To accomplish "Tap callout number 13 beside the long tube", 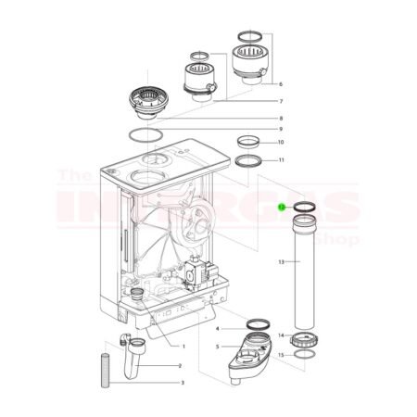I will pyautogui.click(x=282, y=263).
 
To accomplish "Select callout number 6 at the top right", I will pyautogui.click(x=280, y=83).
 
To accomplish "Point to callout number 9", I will pyautogui.click(x=280, y=129).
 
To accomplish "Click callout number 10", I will pyautogui.click(x=280, y=143).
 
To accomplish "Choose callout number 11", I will pyautogui.click(x=280, y=160).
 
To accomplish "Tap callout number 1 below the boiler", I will pyautogui.click(x=183, y=347).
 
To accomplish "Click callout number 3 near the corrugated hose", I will pyautogui.click(x=182, y=383).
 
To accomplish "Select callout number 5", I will pyautogui.click(x=217, y=347).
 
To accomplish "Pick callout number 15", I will pyautogui.click(x=282, y=355).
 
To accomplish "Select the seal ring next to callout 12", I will pyautogui.click(x=305, y=208).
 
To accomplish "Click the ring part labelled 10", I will pyautogui.click(x=248, y=142).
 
